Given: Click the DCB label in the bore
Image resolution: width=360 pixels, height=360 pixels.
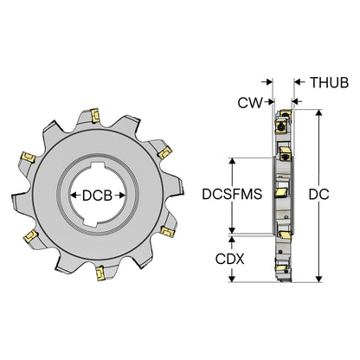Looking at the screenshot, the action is [97, 196].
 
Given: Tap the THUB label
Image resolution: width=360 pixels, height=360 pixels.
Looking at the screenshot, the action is [329, 82].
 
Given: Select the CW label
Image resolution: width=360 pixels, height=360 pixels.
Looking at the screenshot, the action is [250, 102].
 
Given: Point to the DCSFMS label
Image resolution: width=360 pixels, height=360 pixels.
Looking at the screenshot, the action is [232, 194].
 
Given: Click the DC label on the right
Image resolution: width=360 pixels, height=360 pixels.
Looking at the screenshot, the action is [318, 195].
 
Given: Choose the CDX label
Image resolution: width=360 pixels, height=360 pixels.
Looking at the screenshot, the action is [229, 259].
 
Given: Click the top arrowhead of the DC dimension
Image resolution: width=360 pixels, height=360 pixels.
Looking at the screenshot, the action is [318, 112].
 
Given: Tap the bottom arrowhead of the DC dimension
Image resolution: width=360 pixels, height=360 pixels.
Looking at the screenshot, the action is [318, 279].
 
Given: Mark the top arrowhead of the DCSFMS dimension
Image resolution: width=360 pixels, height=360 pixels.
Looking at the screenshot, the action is [232, 161].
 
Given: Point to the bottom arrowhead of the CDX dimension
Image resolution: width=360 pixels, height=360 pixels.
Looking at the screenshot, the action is [231, 279].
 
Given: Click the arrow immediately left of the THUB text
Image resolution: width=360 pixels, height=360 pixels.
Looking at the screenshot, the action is [299, 82].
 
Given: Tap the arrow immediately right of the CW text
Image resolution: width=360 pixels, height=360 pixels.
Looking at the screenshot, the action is [271, 101].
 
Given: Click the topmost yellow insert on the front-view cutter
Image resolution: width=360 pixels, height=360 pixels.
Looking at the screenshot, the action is [95, 115].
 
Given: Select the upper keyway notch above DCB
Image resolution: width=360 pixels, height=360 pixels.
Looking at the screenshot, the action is [98, 166].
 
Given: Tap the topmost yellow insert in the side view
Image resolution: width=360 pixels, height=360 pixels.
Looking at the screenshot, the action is [286, 113].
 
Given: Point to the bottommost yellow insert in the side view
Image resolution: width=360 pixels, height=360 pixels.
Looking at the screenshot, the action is [283, 270].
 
